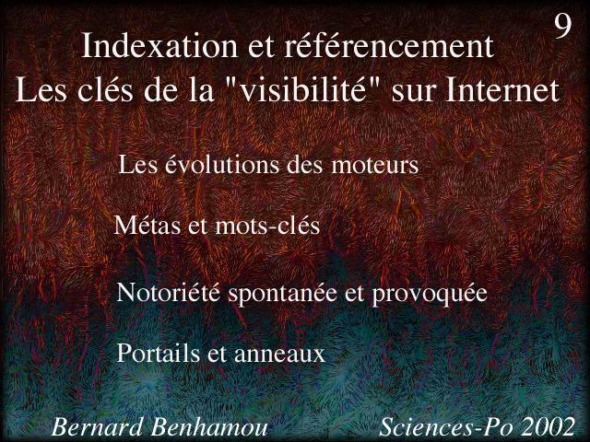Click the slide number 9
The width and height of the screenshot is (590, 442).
(562, 27)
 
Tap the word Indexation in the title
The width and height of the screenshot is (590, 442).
(159, 46)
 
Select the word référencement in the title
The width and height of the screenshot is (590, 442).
(389, 46)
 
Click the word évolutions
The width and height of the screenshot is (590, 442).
(243, 165)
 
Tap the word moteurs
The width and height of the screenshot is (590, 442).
(375, 166)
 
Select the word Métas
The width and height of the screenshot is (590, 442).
(147, 225)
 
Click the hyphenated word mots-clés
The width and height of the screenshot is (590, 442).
(267, 226)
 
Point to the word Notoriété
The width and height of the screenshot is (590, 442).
(168, 292)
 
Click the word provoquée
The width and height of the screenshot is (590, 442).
(430, 294)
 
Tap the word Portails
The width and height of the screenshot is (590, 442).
(159, 353)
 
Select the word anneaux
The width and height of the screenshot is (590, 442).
(279, 355)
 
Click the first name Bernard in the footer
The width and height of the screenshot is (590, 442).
(97, 427)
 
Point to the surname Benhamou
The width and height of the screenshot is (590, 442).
(209, 427)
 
